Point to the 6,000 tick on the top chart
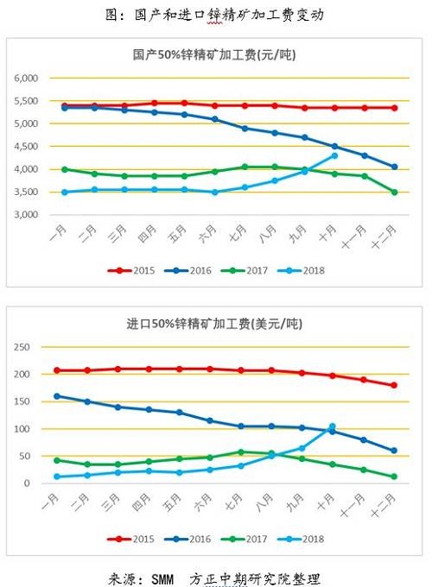point(26,79)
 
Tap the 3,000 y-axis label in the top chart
point(26,214)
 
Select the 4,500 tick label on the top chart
point(26,147)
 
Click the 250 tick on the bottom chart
point(22,347)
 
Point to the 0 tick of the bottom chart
point(27,483)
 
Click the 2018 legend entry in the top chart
point(302,271)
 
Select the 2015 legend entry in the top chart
point(131,271)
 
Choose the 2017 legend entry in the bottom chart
point(245,539)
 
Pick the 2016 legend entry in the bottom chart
point(187,539)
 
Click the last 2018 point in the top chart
point(334,155)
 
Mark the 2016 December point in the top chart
point(394,167)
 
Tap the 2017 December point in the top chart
point(394,192)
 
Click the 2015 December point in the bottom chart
point(394,385)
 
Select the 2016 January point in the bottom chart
point(57,396)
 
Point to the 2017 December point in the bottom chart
point(394,477)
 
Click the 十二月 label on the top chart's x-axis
point(384,237)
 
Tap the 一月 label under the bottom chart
point(50,502)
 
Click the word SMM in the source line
point(162,579)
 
